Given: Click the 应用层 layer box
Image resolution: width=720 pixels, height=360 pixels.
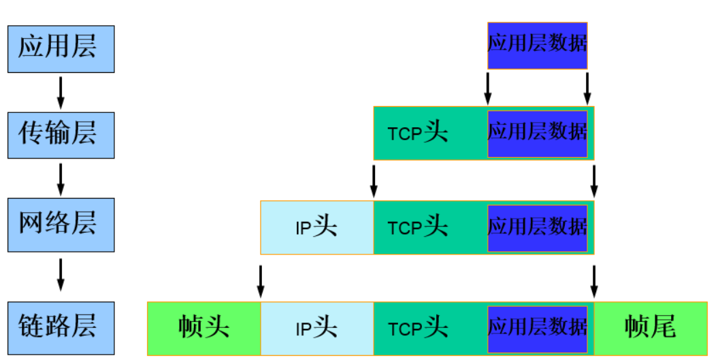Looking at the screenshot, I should tap(61, 49).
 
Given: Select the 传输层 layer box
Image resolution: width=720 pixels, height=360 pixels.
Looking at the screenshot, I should tap(61, 135).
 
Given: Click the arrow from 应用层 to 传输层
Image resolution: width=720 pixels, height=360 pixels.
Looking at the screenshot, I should tap(61, 93).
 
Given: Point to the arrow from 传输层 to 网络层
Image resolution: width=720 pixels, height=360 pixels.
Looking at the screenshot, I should tap(61, 179).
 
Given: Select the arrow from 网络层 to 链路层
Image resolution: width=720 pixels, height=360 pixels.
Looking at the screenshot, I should tap(61, 274).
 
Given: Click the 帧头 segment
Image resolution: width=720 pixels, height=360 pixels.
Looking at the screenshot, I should tap(204, 329).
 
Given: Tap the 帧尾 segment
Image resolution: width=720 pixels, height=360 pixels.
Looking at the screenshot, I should tap(650, 329).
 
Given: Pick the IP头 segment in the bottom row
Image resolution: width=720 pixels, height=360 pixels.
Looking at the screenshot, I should tap(317, 329).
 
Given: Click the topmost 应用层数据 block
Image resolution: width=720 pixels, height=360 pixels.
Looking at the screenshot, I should tap(537, 45).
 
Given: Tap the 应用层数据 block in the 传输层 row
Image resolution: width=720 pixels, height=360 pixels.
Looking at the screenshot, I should tap(537, 133).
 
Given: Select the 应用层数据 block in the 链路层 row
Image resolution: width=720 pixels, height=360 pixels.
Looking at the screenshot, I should tap(537, 329).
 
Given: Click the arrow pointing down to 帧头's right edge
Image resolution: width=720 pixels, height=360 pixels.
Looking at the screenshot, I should tap(261, 281).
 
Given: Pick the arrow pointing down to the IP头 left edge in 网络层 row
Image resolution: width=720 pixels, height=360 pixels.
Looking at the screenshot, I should tap(374, 180).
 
